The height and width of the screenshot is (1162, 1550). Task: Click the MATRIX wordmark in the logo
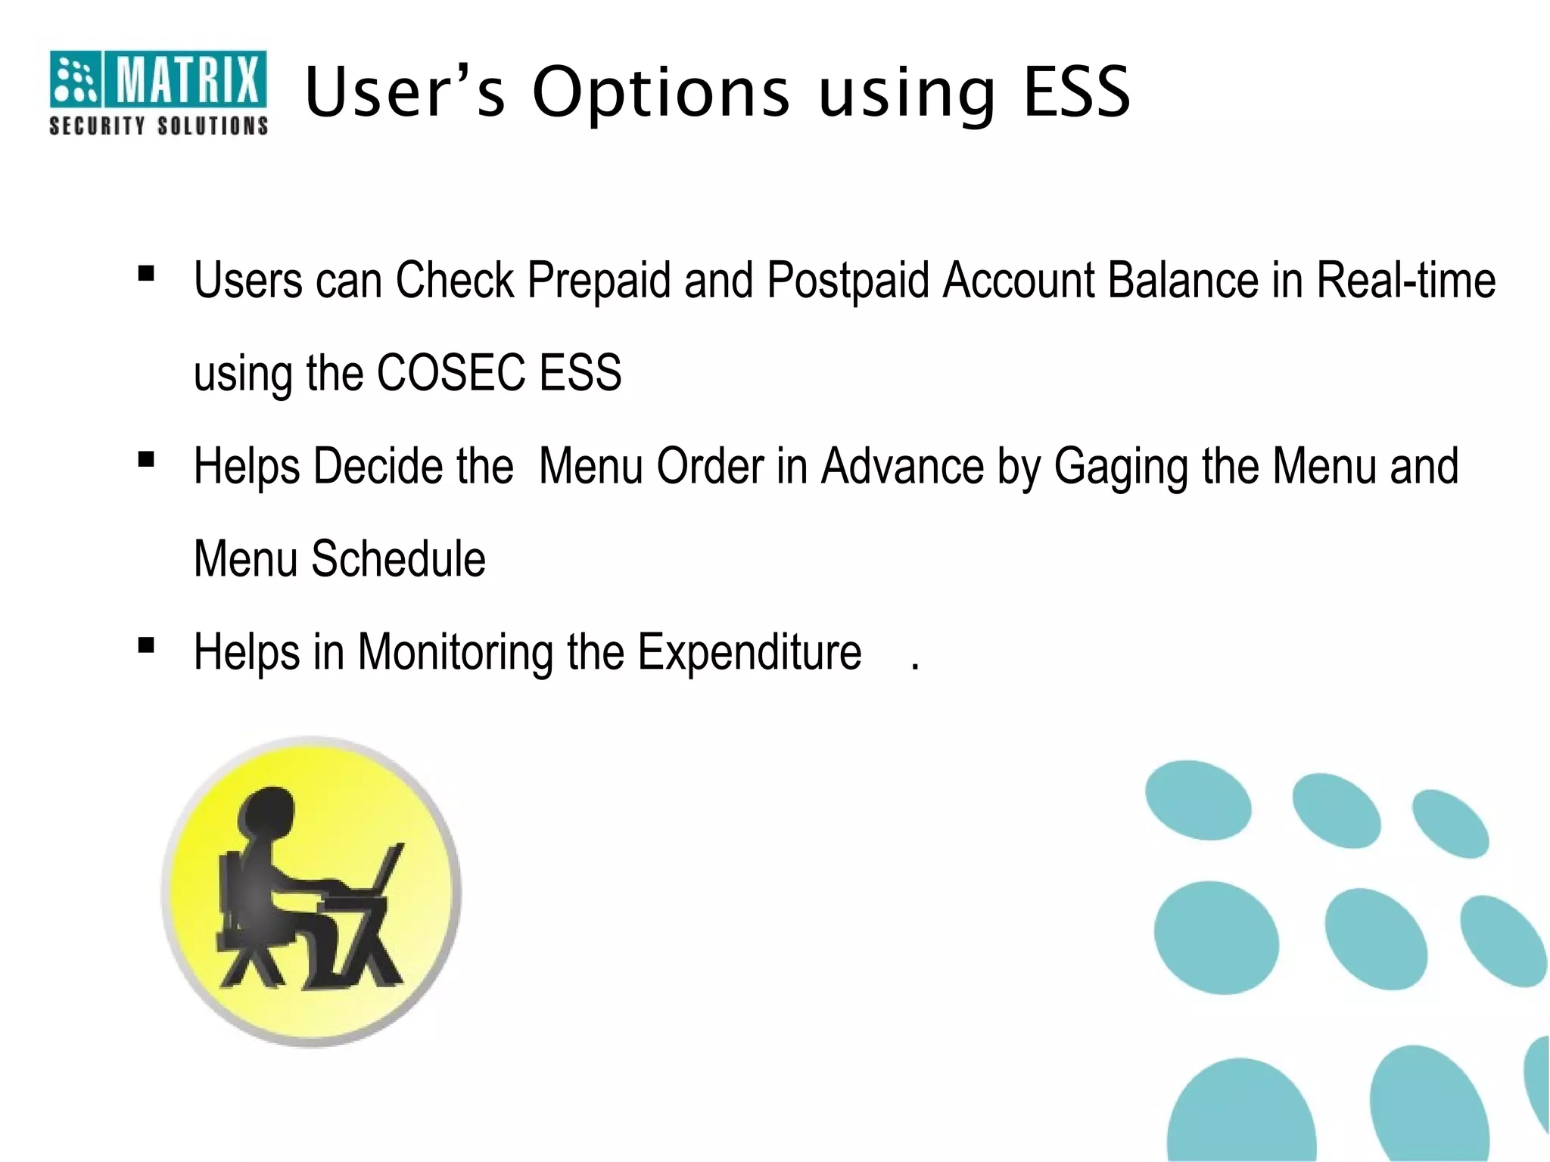[x=187, y=79]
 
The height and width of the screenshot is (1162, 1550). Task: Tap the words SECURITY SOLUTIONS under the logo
[x=158, y=126]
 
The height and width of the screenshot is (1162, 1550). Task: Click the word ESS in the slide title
[x=1076, y=92]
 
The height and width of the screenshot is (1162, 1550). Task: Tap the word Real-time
[x=1405, y=280]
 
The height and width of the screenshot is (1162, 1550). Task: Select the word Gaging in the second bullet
[x=1121, y=468]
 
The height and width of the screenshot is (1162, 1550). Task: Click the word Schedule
[x=398, y=559]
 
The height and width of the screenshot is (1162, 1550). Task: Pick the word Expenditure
[x=749, y=652]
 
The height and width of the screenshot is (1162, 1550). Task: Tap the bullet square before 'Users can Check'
[x=146, y=273]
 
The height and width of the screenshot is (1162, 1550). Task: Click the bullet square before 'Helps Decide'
[x=146, y=459]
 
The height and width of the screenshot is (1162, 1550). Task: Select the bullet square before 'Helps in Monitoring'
[x=146, y=645]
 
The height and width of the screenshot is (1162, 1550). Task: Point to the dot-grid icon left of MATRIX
[x=75, y=79]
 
